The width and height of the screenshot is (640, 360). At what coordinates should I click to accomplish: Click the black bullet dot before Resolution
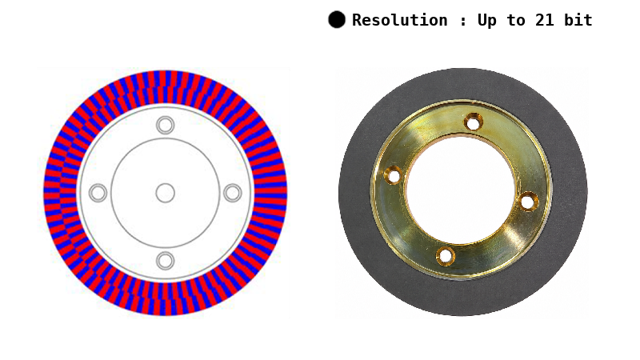point(337,19)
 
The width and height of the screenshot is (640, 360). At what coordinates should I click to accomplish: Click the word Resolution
point(399,20)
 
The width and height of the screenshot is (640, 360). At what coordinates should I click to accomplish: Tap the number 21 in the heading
point(545,20)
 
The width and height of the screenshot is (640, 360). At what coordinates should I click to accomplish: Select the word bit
point(578,20)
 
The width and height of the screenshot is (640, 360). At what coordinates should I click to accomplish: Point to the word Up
point(487,21)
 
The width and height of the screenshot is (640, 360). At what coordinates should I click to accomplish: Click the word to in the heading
point(516,20)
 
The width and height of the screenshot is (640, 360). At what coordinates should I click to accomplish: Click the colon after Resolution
point(462,22)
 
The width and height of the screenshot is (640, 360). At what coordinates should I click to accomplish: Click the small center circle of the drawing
point(166,193)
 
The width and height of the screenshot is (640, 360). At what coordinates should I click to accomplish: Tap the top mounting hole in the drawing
point(166,126)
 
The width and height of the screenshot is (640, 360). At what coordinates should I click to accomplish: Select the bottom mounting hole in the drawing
point(166,261)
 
